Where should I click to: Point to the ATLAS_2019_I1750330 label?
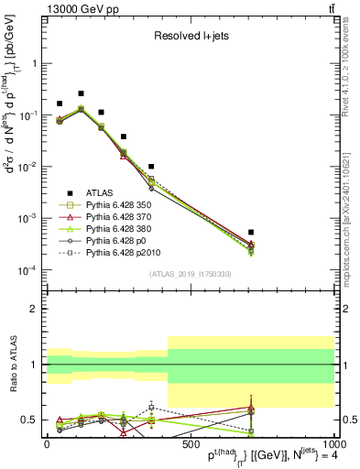coord(191,274)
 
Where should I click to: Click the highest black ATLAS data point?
coord(81,93)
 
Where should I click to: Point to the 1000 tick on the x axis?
coord(333,444)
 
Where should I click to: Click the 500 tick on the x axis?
coord(191,444)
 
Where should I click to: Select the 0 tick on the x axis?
coord(47,444)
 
